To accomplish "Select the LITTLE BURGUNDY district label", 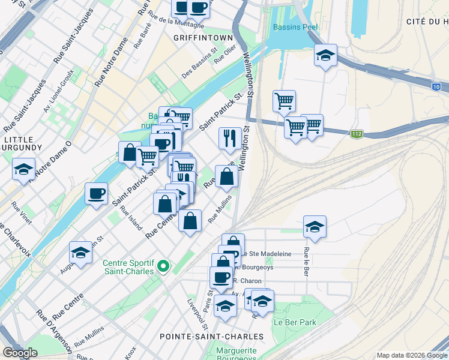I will tap(22, 143).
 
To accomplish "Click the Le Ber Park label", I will tap(294, 322).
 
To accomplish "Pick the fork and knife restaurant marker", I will tap(230, 139).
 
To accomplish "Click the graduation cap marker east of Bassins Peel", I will tap(325, 55).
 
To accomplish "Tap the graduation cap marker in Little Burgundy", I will tap(23, 169).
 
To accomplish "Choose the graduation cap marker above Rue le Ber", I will tap(315, 227).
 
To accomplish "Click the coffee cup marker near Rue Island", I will tap(96, 193).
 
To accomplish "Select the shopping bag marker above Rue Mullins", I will tap(190, 221).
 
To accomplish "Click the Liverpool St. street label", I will tap(197, 314).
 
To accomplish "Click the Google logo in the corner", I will tap(20, 353).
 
